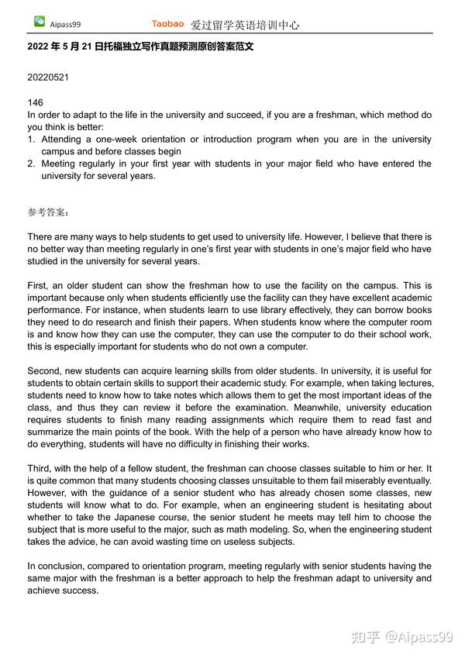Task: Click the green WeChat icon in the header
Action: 39,22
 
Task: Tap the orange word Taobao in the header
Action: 167,24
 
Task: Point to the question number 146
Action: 35,102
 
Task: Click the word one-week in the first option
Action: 119,140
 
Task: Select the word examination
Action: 270,408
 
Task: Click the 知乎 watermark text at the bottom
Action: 365,637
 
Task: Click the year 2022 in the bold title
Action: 39,47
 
